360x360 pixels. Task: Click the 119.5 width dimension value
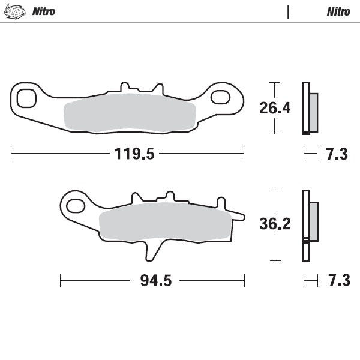(135, 154)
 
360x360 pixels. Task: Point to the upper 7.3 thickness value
(336, 154)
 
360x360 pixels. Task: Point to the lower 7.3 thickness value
(336, 281)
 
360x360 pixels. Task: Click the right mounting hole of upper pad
(221, 96)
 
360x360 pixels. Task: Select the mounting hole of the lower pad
(75, 206)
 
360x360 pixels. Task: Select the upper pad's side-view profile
(309, 108)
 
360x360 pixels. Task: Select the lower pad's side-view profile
(309, 223)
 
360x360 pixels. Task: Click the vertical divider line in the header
(289, 11)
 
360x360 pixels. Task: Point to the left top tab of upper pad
(125, 88)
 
